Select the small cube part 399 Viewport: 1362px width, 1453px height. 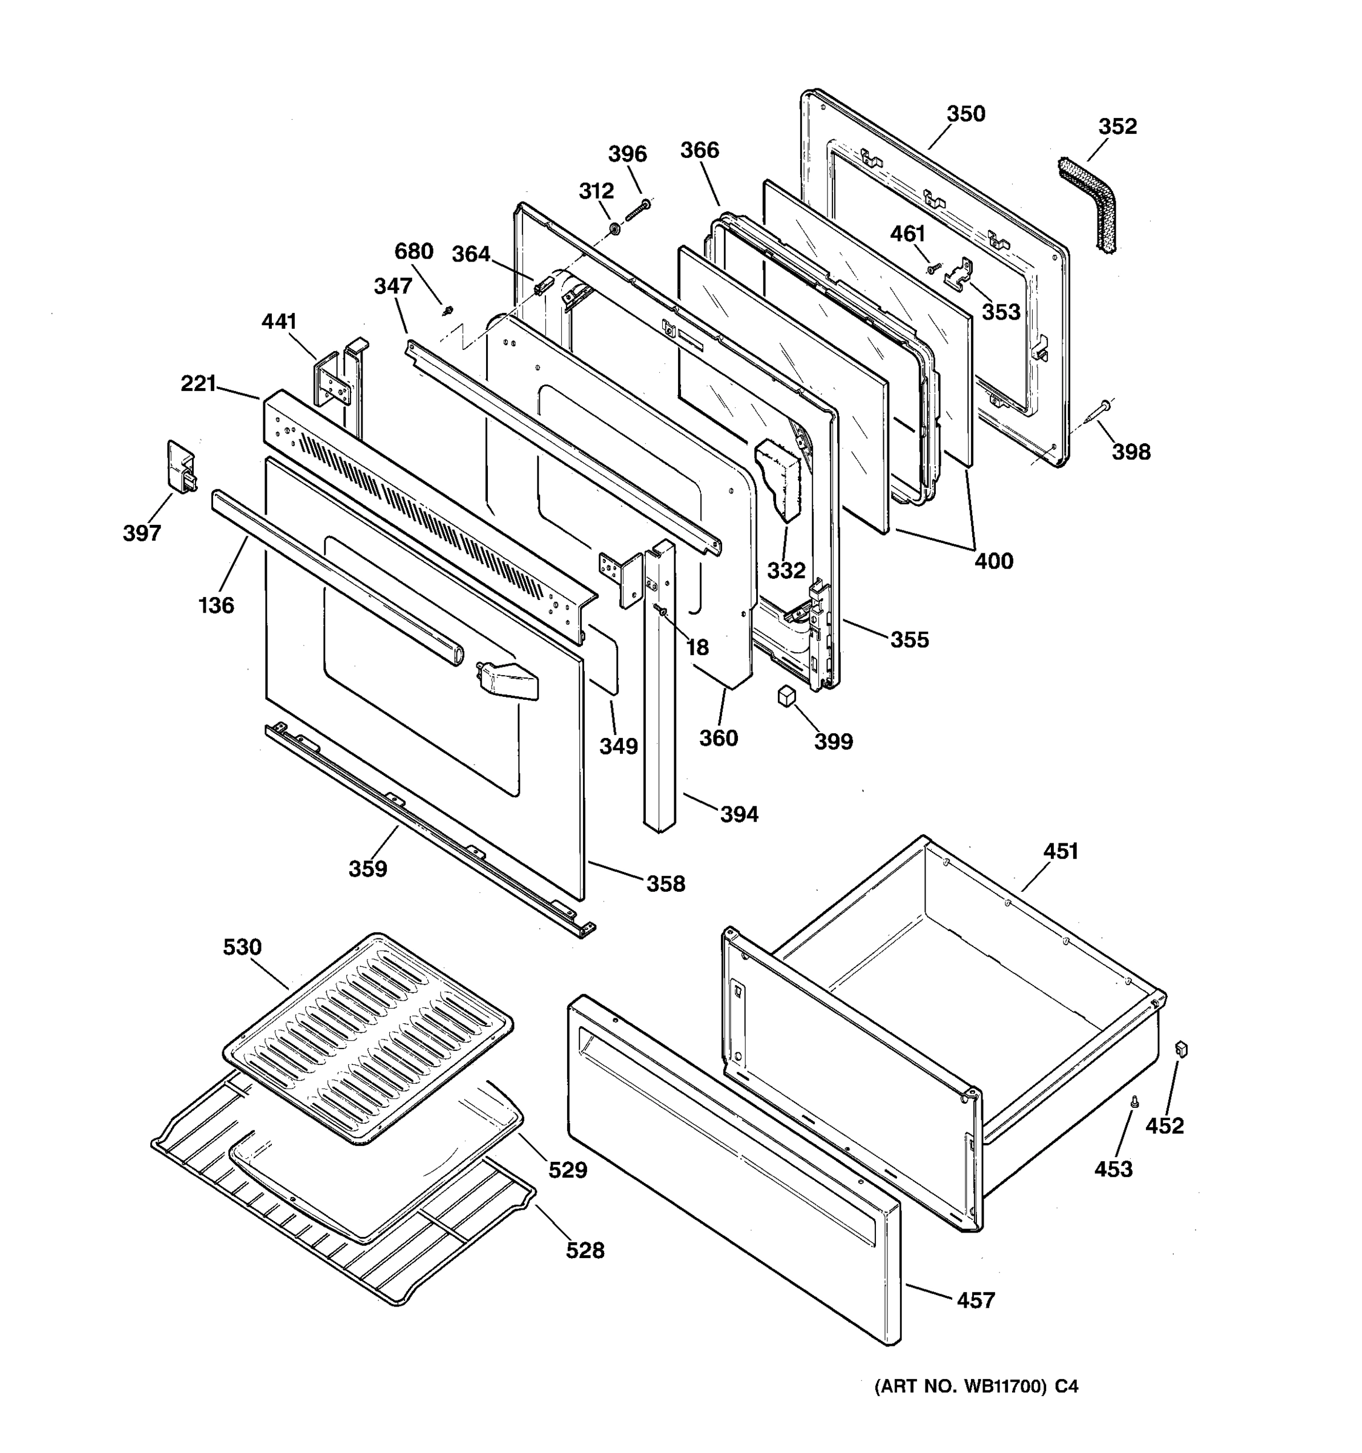786,695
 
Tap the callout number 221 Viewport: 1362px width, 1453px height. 199,383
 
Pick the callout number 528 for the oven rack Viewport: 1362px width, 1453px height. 585,1251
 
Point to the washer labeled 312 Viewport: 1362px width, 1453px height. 615,230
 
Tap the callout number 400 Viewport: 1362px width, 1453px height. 994,561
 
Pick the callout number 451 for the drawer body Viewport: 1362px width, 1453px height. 1060,851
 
